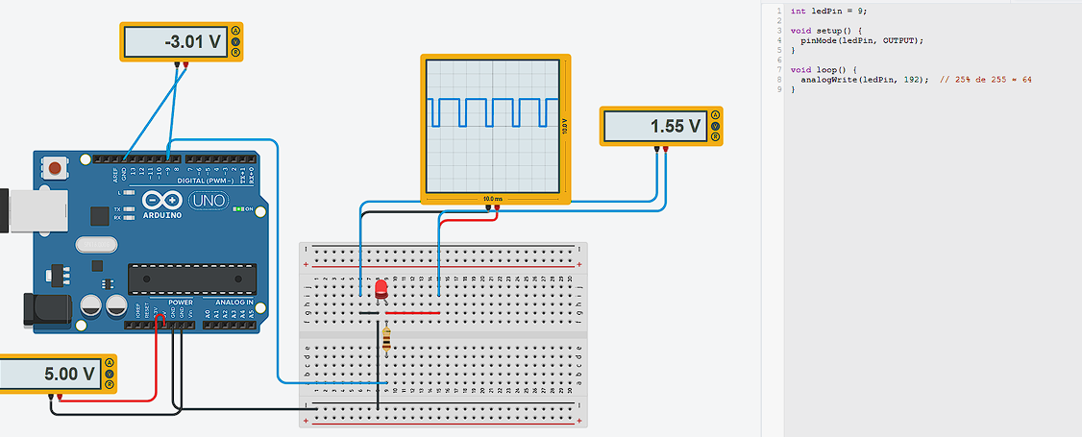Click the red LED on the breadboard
381,287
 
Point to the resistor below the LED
386,339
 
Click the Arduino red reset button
56,169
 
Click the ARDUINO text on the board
162,215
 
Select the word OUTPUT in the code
903,40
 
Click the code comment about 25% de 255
986,80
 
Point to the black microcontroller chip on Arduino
192,278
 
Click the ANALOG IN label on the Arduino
235,302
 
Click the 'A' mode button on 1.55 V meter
714,115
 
